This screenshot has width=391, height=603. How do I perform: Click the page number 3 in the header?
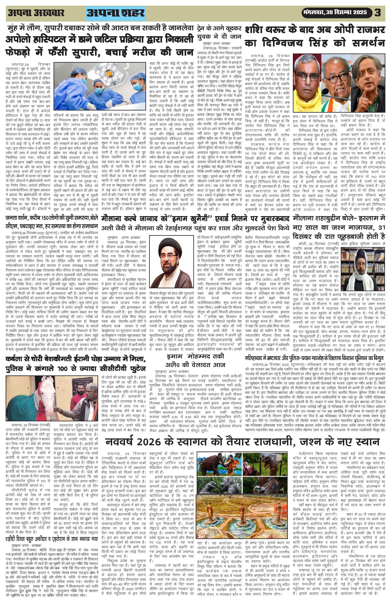(378, 12)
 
